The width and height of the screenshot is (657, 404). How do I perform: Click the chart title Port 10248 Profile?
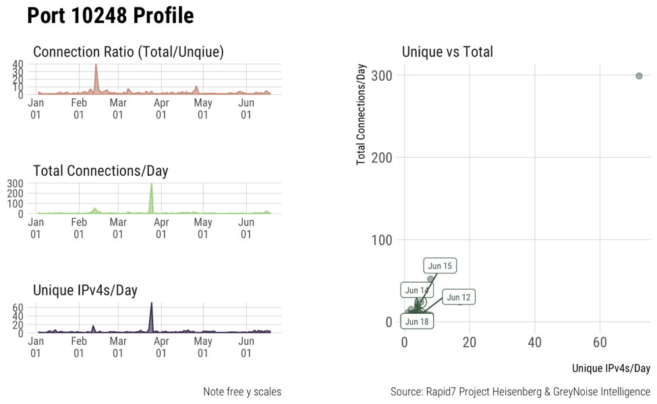point(111,16)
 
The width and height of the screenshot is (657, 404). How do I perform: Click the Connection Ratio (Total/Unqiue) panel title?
point(128,52)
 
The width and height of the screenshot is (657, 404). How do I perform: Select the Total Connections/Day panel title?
point(101,171)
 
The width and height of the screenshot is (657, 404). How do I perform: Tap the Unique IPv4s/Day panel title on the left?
point(85,290)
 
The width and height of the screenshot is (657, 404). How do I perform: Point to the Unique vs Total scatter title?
point(447,52)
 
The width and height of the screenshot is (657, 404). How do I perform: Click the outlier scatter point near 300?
point(639,76)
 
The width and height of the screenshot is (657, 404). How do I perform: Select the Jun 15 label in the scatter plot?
point(440,266)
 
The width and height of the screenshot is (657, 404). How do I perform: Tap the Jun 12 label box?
point(459,297)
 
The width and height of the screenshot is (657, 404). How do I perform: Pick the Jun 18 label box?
point(417,321)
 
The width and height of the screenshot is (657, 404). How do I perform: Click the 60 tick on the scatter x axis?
point(600,343)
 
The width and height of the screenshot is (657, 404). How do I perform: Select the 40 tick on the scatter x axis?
point(534,343)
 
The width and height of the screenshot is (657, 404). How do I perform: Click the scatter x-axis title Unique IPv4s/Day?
point(610,368)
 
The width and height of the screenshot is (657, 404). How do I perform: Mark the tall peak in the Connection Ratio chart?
point(96,67)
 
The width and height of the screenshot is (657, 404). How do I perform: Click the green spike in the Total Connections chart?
point(151,189)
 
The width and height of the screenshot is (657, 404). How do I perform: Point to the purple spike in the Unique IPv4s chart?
point(151,307)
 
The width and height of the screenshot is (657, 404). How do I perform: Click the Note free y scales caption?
point(241,392)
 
